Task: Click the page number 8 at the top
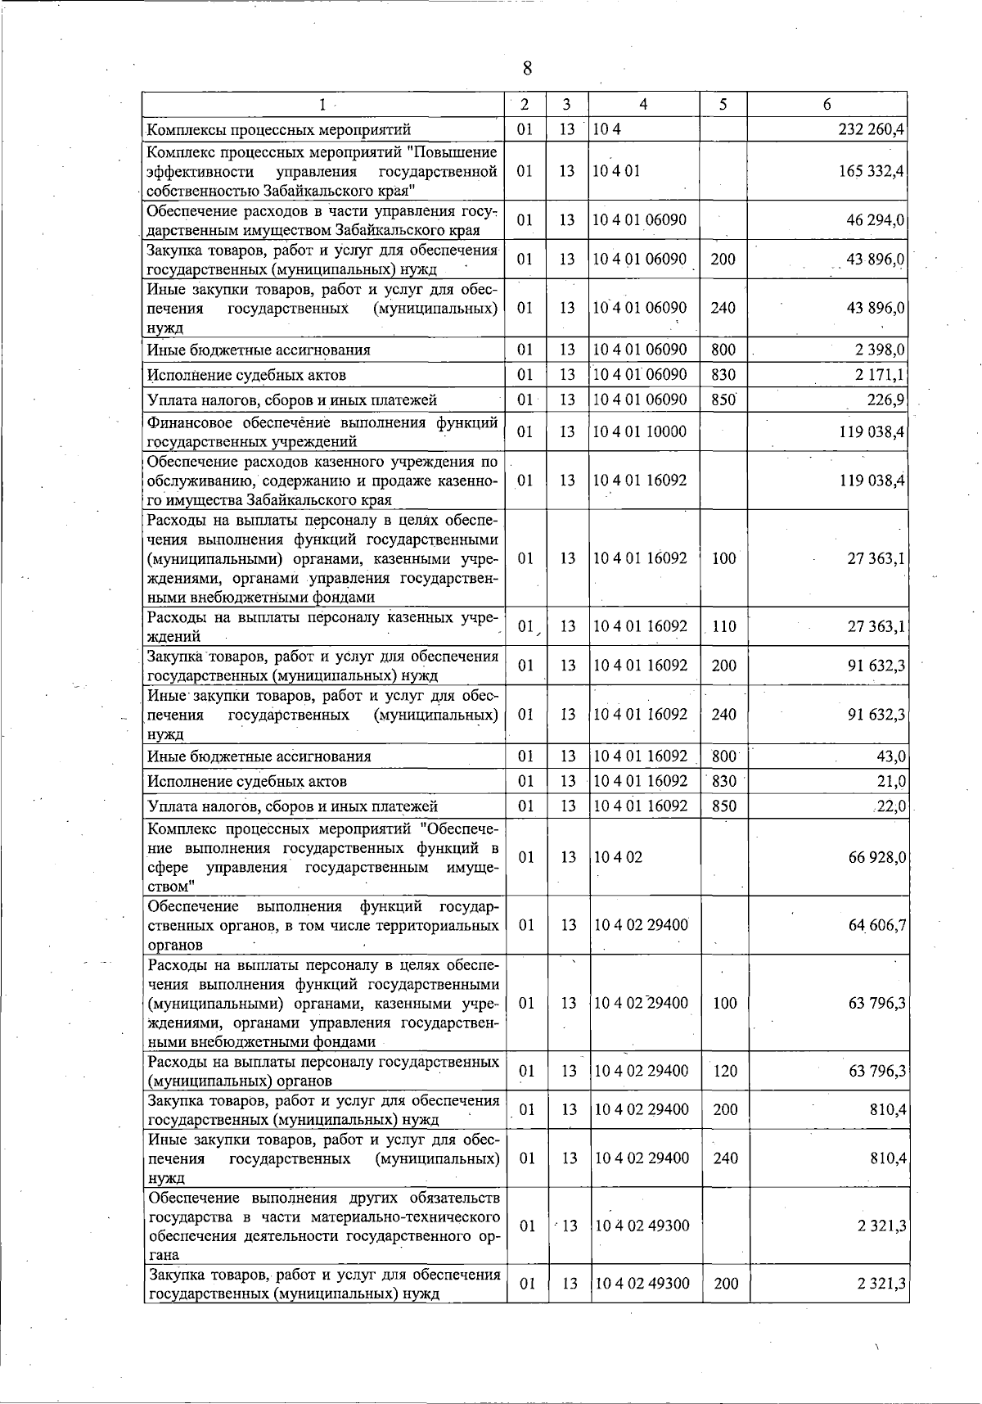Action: coord(527,68)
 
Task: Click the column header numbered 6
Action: coord(827,105)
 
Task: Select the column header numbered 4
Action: coord(644,105)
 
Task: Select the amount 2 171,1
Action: coord(880,375)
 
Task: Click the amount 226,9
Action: coord(885,400)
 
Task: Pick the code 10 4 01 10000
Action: coord(640,431)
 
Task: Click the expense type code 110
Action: coord(724,627)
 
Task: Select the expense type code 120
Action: coord(725,1071)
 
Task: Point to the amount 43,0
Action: coord(890,756)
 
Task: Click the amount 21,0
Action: coord(890,781)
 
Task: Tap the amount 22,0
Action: coord(890,806)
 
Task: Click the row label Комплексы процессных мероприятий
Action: coord(278,129)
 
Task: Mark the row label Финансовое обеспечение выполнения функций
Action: coord(322,423)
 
